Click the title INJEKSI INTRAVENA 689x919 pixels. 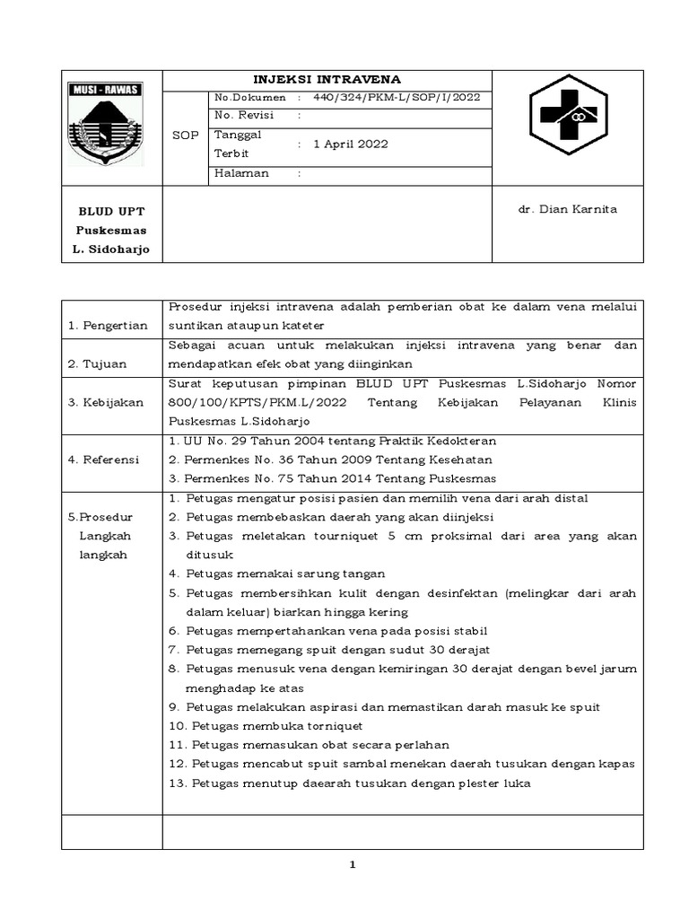point(327,79)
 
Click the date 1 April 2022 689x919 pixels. point(351,144)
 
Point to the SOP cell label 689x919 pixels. point(185,135)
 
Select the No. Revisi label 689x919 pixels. point(243,115)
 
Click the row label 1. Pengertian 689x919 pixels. point(109,325)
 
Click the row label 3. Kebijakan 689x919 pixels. point(106,403)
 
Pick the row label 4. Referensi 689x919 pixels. point(104,459)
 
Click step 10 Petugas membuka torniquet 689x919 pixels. point(266,725)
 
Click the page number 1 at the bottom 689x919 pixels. point(353,864)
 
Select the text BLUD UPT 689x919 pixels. point(111,212)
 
